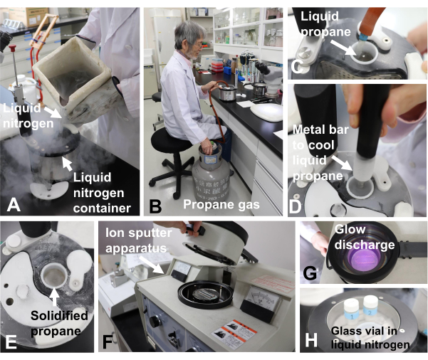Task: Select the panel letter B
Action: click(155, 206)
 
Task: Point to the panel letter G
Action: click(310, 272)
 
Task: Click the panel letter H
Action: click(311, 339)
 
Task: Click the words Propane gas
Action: click(221, 204)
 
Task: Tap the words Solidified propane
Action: click(59, 323)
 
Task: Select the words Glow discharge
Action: click(365, 237)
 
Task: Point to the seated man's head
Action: click(189, 40)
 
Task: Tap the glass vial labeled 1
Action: click(352, 309)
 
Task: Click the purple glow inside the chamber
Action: click(365, 260)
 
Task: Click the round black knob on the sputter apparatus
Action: click(155, 322)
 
